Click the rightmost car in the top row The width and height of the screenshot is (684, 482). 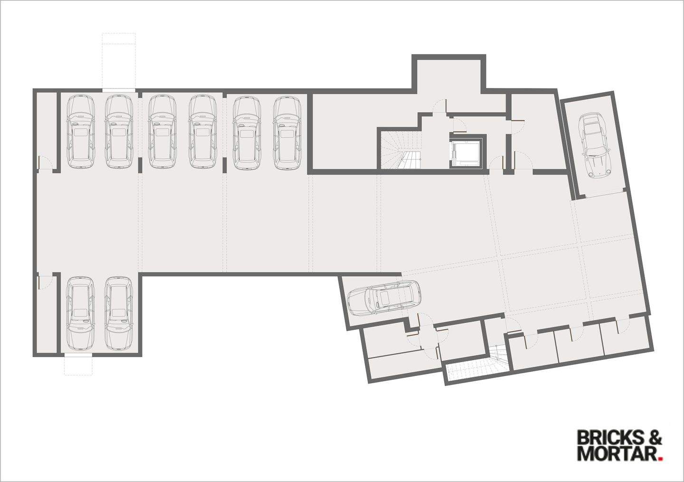pyautogui.click(x=287, y=132)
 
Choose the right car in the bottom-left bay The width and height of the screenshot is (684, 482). pyautogui.click(x=118, y=313)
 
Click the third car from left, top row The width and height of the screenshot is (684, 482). pyautogui.click(x=162, y=132)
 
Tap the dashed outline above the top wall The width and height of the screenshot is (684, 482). pyautogui.click(x=119, y=61)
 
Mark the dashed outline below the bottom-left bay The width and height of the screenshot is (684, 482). pyautogui.click(x=79, y=365)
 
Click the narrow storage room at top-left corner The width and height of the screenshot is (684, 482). pyautogui.click(x=46, y=128)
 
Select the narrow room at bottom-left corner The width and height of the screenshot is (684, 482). pyautogui.click(x=47, y=314)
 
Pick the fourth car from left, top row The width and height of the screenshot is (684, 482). pyautogui.click(x=203, y=132)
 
